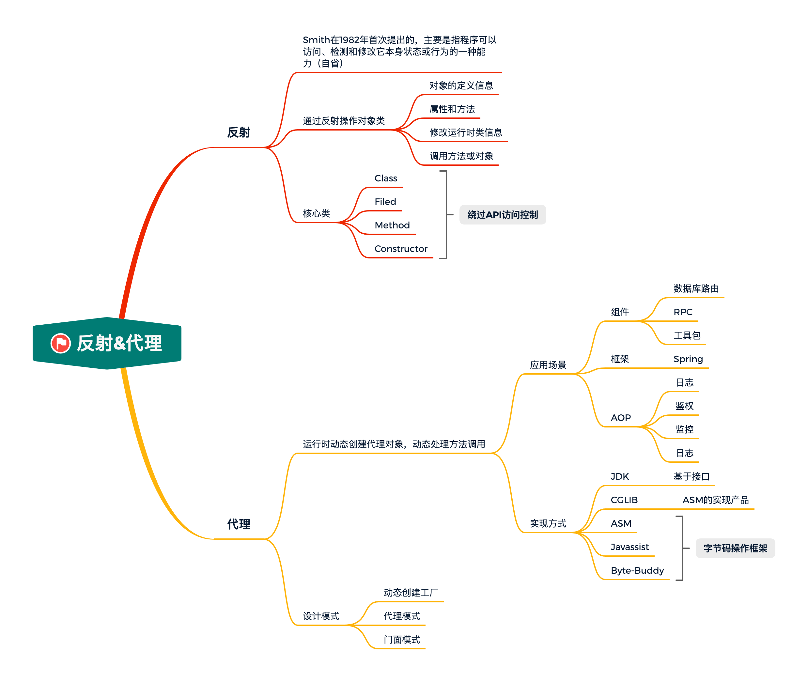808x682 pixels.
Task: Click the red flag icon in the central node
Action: (61, 343)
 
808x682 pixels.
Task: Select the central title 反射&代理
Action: (119, 343)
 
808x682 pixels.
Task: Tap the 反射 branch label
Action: (239, 132)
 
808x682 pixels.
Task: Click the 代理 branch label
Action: (239, 524)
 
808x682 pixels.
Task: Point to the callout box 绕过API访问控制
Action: (502, 215)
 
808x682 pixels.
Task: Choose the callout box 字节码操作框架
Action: (735, 548)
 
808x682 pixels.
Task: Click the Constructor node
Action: (401, 249)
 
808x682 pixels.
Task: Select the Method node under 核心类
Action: (392, 225)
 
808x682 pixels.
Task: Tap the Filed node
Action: (385, 202)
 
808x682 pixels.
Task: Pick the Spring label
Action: (688, 359)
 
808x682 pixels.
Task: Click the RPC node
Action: (683, 312)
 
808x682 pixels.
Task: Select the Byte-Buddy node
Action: (637, 571)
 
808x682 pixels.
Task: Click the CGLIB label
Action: (624, 500)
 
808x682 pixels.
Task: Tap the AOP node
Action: (620, 418)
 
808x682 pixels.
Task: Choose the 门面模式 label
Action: (402, 640)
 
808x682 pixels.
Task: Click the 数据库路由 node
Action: (696, 289)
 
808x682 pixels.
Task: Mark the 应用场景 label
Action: (548, 365)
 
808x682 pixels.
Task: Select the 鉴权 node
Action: (684, 406)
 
